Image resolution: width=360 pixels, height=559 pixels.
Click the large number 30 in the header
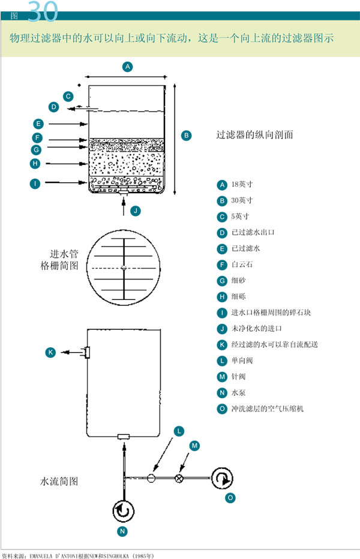[42, 11]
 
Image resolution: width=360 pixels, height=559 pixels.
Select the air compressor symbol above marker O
[221, 479]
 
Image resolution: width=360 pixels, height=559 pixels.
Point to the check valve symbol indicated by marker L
[151, 478]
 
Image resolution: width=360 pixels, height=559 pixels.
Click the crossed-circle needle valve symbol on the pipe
[178, 478]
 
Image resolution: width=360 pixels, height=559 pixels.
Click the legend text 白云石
[239, 265]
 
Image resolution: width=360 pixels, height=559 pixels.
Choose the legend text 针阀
[238, 377]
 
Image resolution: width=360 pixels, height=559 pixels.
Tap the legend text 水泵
[238, 393]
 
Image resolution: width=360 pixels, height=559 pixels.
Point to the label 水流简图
[59, 481]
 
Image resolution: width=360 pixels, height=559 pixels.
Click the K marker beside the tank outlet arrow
[50, 353]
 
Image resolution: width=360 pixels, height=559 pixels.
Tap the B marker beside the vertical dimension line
[186, 136]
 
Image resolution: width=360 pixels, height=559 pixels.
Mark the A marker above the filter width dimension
[127, 67]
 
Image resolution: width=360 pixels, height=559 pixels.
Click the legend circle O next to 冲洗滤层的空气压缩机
[222, 409]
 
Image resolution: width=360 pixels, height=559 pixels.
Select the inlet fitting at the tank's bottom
[124, 437]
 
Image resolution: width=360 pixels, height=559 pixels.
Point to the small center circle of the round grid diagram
[122, 268]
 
